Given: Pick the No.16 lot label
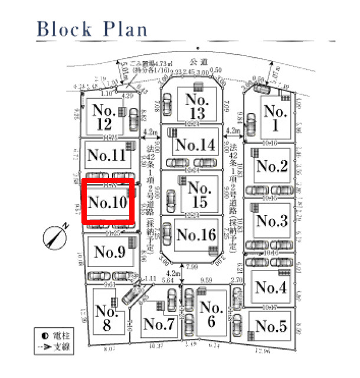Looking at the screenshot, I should click(x=197, y=234).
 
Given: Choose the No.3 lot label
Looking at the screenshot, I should click(x=271, y=221).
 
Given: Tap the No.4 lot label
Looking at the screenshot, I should click(x=271, y=288).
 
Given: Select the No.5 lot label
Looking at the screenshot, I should click(x=271, y=325).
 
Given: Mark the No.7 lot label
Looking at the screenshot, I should click(x=158, y=324).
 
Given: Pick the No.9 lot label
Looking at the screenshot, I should click(x=110, y=252).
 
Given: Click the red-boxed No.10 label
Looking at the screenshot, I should click(x=108, y=203).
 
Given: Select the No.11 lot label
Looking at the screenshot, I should click(x=107, y=155).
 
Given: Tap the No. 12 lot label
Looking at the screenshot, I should click(x=103, y=117).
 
